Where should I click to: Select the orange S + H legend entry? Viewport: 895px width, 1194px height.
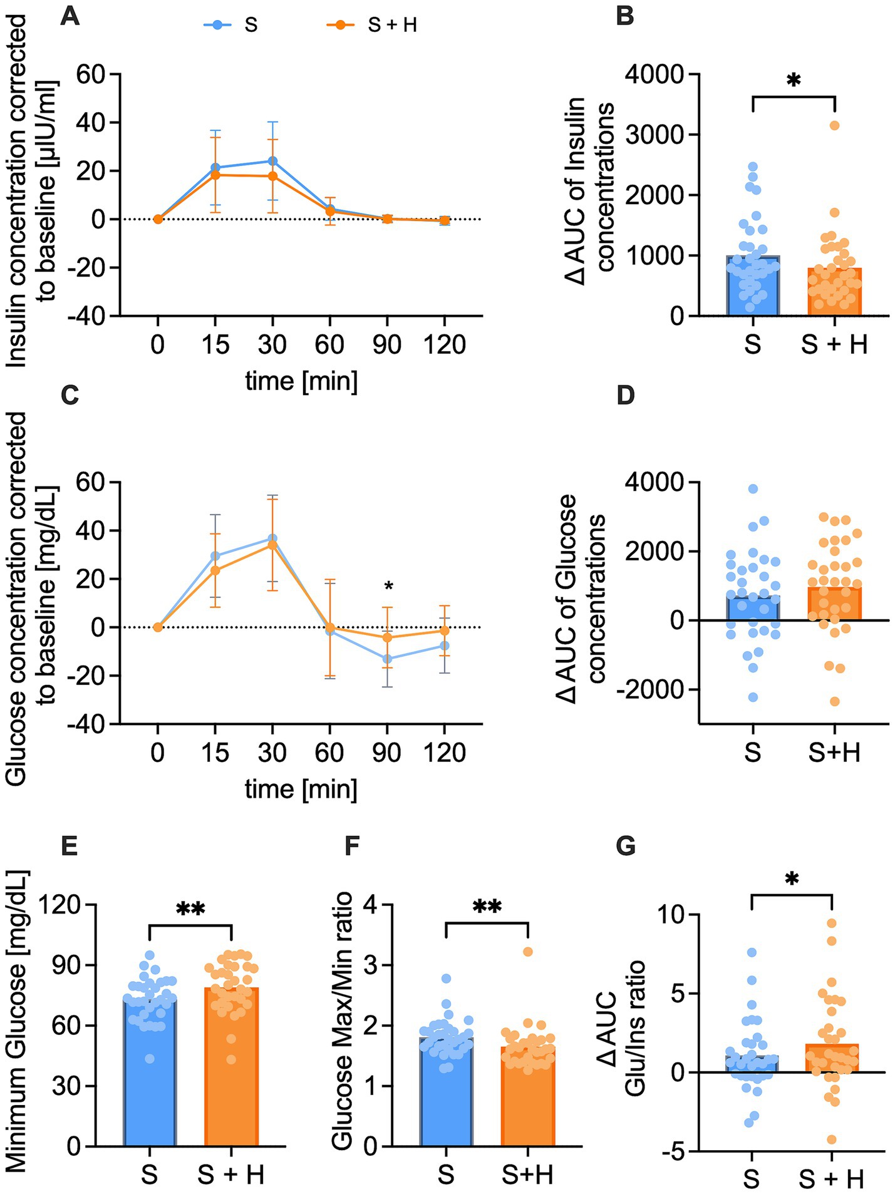pyautogui.click(x=373, y=25)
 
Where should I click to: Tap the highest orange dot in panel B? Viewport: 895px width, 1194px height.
pyautogui.click(x=834, y=125)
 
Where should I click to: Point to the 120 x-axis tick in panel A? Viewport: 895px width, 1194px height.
pyautogui.click(x=444, y=345)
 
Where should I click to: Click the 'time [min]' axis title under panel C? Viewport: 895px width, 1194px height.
pyautogui.click(x=301, y=789)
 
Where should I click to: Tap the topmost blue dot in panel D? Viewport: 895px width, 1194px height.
pyautogui.click(x=753, y=488)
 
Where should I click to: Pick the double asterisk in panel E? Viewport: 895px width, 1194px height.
pyautogui.click(x=190, y=910)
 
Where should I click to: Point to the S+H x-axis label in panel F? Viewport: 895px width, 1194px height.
pyautogui.click(x=527, y=1175)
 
